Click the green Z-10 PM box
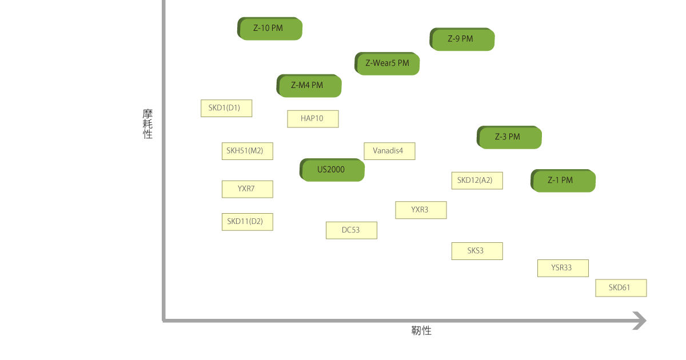(270, 29)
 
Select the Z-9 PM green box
(462, 39)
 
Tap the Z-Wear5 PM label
(388, 63)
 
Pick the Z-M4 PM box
(309, 86)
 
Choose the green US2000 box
(332, 170)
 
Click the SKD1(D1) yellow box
(226, 108)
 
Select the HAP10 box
(313, 119)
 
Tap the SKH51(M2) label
(247, 151)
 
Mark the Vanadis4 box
(389, 151)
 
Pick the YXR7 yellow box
(247, 189)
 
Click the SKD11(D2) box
(247, 222)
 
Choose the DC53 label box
(352, 230)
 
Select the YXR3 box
(421, 210)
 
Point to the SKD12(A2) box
(477, 181)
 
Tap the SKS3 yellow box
(477, 251)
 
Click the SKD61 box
(621, 288)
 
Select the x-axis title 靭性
(421, 331)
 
